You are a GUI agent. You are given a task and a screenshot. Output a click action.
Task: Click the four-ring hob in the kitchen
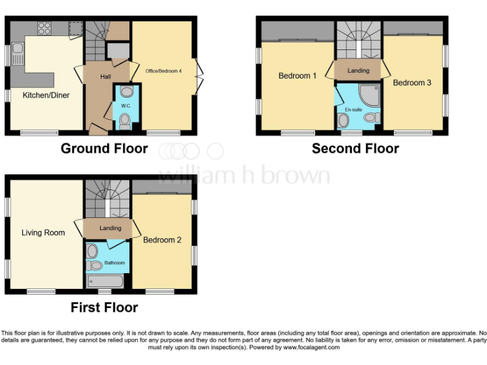point(44,28)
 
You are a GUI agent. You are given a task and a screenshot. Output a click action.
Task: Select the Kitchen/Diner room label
point(46,95)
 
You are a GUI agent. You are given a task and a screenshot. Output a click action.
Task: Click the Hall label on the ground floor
point(106,77)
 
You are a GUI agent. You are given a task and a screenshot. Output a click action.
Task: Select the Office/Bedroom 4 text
point(164,71)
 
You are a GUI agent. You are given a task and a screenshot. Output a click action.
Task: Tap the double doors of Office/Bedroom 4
point(200,77)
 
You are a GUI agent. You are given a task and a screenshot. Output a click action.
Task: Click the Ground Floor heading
point(104,149)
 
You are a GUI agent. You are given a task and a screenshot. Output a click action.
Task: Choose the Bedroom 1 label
point(297,76)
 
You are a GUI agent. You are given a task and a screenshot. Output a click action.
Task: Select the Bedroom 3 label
point(412,82)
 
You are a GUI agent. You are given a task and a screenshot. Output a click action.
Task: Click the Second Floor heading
point(355,149)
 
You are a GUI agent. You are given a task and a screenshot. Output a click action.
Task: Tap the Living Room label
point(43,233)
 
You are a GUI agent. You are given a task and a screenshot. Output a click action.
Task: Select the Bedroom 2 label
point(162,240)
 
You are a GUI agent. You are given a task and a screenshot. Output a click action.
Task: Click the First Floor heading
point(104,308)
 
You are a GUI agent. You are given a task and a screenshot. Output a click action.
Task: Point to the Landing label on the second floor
point(358,70)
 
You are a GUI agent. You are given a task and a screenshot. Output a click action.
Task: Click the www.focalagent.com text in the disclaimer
point(311,347)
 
